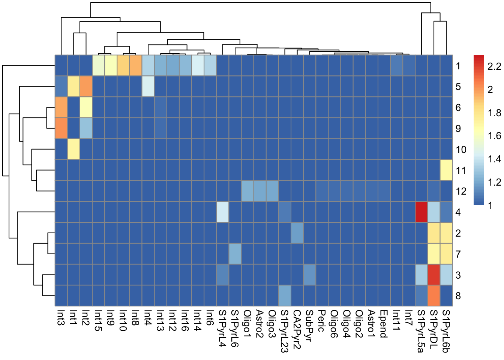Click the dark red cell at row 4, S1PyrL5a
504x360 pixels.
pyautogui.click(x=421, y=212)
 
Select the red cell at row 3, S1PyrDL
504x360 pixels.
pyautogui.click(x=433, y=274)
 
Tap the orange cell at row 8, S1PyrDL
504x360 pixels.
pyautogui.click(x=433, y=295)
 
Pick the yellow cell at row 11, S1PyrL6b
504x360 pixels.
pyautogui.click(x=446, y=170)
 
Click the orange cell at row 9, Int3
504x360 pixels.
pyautogui.click(x=61, y=128)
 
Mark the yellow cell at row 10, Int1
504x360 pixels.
pyautogui.click(x=73, y=149)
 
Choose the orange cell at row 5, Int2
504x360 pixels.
pyautogui.click(x=85, y=86)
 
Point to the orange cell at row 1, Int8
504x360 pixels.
pyautogui.click(x=135, y=66)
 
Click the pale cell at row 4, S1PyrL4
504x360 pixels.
pyautogui.click(x=222, y=212)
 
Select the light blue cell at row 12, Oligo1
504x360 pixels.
pyautogui.click(x=247, y=191)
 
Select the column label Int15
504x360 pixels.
pyautogui.click(x=98, y=321)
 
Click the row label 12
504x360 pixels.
pyautogui.click(x=461, y=191)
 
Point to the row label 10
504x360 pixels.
pyautogui.click(x=461, y=150)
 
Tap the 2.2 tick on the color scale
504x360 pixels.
pyautogui.click(x=493, y=66)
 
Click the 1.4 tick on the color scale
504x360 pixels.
pyautogui.click(x=493, y=159)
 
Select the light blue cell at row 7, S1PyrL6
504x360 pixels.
pyautogui.click(x=235, y=253)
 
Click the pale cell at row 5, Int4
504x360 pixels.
pyautogui.click(x=148, y=86)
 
